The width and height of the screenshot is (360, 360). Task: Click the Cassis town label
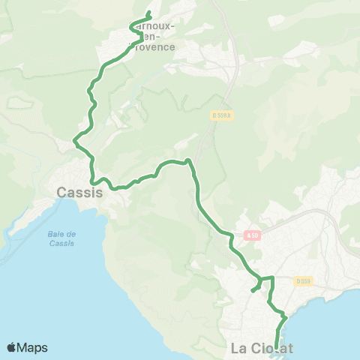pos(79,193)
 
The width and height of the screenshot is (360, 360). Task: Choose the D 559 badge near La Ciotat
pos(302,281)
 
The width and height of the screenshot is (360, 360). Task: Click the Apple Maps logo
pos(27,347)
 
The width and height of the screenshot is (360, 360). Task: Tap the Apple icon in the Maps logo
pos(11,347)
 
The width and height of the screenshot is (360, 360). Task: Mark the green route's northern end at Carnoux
pos(149,13)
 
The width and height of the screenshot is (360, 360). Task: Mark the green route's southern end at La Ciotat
pos(277,347)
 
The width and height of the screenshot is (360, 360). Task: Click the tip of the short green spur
pos(252,291)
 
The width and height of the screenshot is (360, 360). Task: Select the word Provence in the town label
pos(156,46)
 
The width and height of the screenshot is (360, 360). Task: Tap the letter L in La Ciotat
pos(235,348)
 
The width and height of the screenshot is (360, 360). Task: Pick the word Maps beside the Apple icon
pos(33,347)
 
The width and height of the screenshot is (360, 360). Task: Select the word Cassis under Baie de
pos(62,243)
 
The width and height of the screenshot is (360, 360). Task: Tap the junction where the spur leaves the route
pos(260,279)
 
